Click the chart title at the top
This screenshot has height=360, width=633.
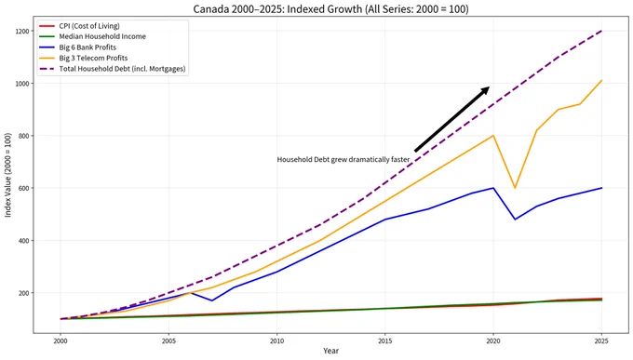pos(330,9)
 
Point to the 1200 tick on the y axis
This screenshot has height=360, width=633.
pos(22,31)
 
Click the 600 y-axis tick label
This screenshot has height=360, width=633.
pos(23,188)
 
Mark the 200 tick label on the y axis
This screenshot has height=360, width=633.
pos(23,293)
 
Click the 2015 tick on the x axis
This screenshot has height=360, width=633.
pos(384,341)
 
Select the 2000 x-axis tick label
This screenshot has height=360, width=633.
pos(61,341)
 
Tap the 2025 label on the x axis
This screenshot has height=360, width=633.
pos(601,341)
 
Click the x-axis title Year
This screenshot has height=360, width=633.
pos(330,351)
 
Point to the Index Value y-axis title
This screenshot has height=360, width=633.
pos(8,175)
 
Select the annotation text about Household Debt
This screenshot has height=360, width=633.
pos(343,160)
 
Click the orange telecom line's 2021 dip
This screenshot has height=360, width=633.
pos(515,188)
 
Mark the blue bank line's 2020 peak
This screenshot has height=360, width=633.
pos(493,188)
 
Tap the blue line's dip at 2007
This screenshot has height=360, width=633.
pos(212,300)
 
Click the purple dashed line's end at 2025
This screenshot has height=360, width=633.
pos(601,31)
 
